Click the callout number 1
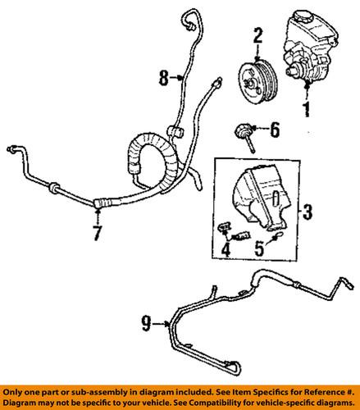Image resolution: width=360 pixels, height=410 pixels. tap(308, 109)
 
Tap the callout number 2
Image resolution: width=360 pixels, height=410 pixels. tap(257, 35)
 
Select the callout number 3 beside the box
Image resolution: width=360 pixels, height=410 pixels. tap(308, 212)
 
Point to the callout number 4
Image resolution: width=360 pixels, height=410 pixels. tap(226, 249)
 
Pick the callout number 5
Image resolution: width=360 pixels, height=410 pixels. tap(259, 248)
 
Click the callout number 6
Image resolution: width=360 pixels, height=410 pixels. tap(275, 130)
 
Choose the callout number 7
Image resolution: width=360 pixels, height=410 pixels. tap(98, 233)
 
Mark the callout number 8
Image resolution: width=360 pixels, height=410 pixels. tap(163, 78)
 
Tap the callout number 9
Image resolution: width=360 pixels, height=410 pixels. tap(146, 324)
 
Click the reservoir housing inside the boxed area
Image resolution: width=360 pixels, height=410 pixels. tap(261, 198)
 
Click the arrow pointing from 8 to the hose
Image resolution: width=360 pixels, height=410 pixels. tap(176, 78)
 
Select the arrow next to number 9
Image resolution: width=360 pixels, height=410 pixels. tap(162, 324)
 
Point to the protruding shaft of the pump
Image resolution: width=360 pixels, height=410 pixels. tap(291, 71)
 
